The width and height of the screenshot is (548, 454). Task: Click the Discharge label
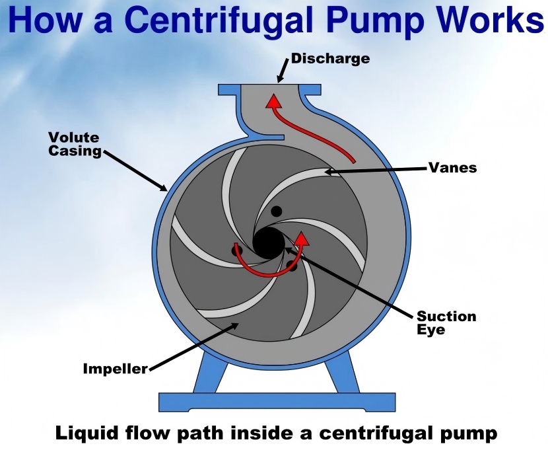[x=330, y=59]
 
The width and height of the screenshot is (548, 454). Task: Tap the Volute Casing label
[x=75, y=144]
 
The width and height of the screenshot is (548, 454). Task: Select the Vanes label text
[x=452, y=168]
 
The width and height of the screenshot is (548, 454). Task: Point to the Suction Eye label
[x=446, y=322]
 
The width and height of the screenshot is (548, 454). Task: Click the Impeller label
[x=116, y=368]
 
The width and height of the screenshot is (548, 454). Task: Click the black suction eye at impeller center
[x=269, y=243]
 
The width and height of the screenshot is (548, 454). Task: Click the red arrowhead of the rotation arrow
[x=301, y=239]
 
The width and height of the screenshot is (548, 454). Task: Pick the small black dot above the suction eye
[x=277, y=211]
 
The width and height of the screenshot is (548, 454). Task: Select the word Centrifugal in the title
[x=219, y=21]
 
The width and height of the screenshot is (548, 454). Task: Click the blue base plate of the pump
[x=277, y=402]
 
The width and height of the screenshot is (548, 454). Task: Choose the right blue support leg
[x=342, y=372]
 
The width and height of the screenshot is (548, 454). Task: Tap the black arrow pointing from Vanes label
[x=376, y=170]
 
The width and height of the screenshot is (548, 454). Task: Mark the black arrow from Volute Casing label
[x=135, y=171]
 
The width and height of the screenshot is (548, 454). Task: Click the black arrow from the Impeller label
[x=193, y=346]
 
